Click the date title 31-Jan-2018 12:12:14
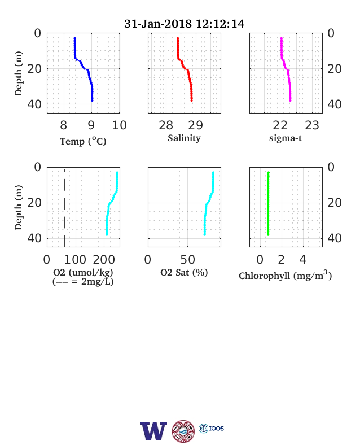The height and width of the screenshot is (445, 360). [x=184, y=24]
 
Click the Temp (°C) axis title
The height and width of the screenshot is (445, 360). [x=83, y=141]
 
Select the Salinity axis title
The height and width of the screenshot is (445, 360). [x=185, y=138]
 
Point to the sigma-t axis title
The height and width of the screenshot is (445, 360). [x=286, y=138]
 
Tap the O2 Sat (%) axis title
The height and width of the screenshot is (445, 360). [x=185, y=272]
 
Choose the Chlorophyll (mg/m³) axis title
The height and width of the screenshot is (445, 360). [x=285, y=275]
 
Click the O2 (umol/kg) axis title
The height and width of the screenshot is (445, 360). [x=83, y=272]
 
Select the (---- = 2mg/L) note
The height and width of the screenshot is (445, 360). [x=83, y=282]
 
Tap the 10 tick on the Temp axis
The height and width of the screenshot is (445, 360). [x=119, y=125]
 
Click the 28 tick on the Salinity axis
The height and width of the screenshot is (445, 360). [x=166, y=125]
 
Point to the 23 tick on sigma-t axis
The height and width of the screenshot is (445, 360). [x=312, y=125]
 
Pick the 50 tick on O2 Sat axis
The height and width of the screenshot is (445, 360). [x=188, y=260]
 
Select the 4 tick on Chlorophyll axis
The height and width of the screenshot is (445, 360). [x=303, y=260]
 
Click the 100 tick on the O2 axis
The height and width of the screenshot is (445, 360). [x=75, y=260]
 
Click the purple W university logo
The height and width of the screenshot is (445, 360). [x=153, y=431]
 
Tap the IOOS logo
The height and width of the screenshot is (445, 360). [x=212, y=428]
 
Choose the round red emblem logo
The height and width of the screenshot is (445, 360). [x=183, y=431]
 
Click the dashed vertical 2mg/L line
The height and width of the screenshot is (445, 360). [x=64, y=207]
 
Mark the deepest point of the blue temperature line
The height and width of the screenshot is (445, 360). [x=92, y=100]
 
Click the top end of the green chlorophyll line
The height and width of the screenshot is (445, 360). [x=269, y=172]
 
